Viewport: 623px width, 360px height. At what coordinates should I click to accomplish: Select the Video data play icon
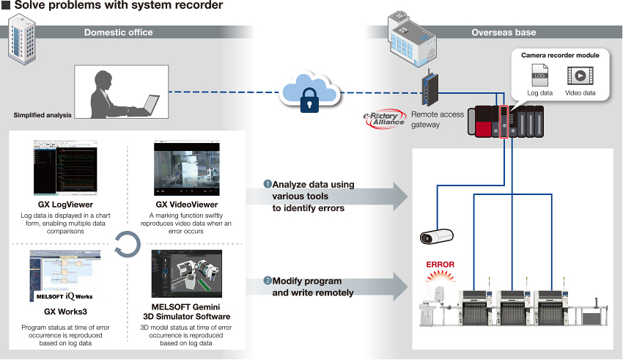[580, 76]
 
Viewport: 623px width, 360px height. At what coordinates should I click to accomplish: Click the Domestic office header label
[119, 32]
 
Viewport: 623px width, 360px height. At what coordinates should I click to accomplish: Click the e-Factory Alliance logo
[384, 120]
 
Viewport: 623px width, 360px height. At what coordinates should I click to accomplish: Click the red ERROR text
[440, 265]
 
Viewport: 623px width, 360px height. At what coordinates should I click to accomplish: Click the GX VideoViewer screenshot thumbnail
[187, 169]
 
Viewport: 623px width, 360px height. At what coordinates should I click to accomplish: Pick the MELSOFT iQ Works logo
[64, 298]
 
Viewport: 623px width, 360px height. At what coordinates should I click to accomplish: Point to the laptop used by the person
[150, 105]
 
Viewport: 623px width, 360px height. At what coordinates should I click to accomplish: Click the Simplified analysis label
[43, 115]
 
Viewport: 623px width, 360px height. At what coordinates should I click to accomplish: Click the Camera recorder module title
[560, 55]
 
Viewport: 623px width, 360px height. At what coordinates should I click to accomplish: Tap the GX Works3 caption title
[64, 311]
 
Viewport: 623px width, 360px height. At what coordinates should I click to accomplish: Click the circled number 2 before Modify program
[268, 281]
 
